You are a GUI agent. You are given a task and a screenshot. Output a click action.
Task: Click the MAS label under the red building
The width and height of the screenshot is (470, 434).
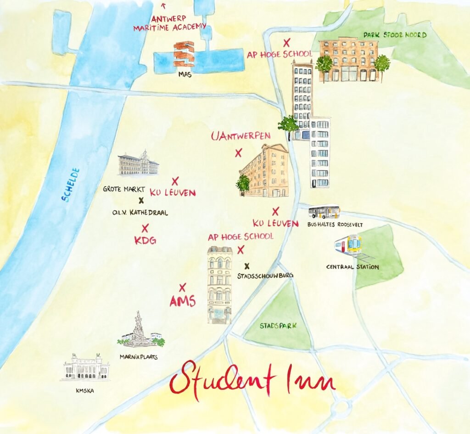(185, 75)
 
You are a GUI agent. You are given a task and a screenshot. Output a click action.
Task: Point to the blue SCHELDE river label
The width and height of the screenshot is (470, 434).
(71, 185)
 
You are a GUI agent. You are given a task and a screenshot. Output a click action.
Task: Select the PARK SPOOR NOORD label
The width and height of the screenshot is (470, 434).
(395, 35)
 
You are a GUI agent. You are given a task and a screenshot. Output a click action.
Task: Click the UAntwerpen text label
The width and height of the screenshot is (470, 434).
(241, 136)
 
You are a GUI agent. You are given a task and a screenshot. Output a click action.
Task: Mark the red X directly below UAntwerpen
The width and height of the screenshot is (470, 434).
(238, 153)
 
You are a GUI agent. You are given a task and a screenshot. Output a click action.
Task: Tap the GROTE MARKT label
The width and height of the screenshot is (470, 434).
(124, 189)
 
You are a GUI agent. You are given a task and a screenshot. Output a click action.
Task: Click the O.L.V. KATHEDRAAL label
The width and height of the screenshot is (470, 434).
(140, 213)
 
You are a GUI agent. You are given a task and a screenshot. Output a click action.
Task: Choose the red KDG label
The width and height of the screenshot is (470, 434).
(145, 240)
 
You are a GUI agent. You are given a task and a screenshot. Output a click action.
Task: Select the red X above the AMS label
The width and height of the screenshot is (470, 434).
(182, 287)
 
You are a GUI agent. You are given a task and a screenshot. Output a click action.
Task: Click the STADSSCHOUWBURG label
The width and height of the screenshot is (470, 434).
(265, 276)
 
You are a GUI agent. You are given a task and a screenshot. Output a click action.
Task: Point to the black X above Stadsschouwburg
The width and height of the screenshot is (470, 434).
(247, 265)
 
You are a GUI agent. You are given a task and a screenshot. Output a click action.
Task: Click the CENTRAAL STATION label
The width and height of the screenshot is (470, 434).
(352, 267)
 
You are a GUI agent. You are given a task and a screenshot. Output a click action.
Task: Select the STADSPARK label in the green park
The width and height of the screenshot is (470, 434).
(278, 326)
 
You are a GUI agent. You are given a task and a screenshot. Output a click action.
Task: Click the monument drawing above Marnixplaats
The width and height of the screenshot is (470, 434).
(139, 330)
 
